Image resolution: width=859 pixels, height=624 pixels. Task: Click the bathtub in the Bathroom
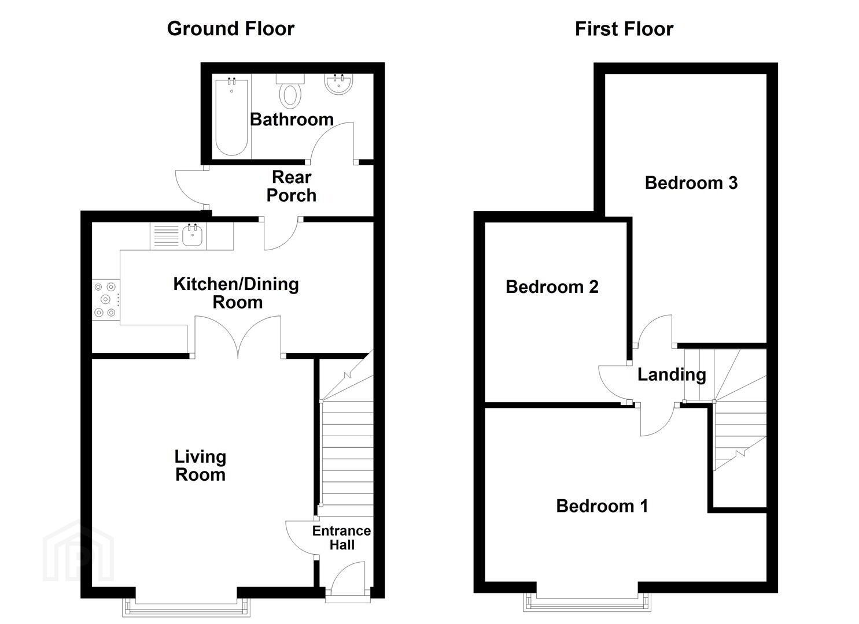pyautogui.click(x=231, y=117)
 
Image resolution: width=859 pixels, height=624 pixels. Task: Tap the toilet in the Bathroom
pyautogui.click(x=290, y=91)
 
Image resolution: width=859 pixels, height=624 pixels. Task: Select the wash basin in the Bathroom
pyautogui.click(x=338, y=84)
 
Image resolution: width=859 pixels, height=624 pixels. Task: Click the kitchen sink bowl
pyautogui.click(x=192, y=235)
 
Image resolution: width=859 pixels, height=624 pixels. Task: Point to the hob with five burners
pyautogui.click(x=106, y=299)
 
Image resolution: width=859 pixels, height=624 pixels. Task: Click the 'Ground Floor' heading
pyautogui.click(x=230, y=29)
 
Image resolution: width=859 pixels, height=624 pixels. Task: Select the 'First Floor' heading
pyautogui.click(x=624, y=29)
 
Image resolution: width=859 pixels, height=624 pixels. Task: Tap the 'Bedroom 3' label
pyautogui.click(x=691, y=183)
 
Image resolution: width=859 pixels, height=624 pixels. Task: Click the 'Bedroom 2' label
pyautogui.click(x=552, y=287)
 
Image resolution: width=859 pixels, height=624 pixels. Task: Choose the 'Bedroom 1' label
pyautogui.click(x=602, y=506)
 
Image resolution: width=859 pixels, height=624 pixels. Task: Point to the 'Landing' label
pyautogui.click(x=672, y=374)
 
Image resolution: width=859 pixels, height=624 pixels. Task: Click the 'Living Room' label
pyautogui.click(x=200, y=466)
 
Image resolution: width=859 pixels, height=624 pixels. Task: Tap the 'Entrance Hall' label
pyautogui.click(x=341, y=537)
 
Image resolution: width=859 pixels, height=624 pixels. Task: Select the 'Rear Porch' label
pyautogui.click(x=292, y=186)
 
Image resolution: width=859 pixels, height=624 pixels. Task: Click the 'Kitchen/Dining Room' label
pyautogui.click(x=236, y=293)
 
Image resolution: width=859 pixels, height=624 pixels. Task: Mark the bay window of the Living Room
pyautogui.click(x=186, y=607)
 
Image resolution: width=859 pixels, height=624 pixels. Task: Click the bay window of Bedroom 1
pyautogui.click(x=587, y=602)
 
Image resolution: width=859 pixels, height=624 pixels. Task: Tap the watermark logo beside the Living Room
pyautogui.click(x=79, y=551)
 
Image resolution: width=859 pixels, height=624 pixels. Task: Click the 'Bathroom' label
pyautogui.click(x=292, y=120)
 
